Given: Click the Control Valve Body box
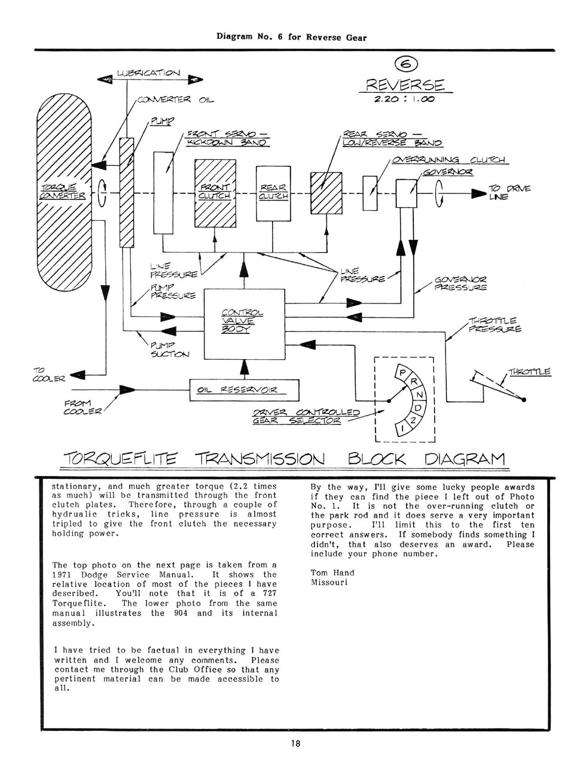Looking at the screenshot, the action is [245, 324].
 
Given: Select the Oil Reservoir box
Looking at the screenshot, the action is [244, 390].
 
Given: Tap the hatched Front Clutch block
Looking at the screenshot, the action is [215, 193].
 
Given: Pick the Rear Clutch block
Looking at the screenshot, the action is [273, 193].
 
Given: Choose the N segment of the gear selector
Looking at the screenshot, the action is [420, 394].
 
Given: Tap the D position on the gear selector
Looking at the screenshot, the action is [419, 408].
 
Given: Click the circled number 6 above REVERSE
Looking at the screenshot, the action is [406, 64].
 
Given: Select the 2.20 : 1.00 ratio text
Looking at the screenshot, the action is [405, 99].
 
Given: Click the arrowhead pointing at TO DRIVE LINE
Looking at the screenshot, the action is [478, 193].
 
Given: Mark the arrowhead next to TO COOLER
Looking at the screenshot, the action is [78, 375].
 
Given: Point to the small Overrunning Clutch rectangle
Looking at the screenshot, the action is [370, 193].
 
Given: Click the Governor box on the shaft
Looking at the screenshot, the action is [406, 193].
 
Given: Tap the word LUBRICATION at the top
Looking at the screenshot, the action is [148, 73].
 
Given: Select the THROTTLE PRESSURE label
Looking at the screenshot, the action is [495, 325].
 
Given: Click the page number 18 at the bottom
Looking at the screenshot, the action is [295, 743].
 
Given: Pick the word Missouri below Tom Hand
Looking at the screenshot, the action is [329, 582].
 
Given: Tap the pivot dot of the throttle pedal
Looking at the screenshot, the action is [523, 400].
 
